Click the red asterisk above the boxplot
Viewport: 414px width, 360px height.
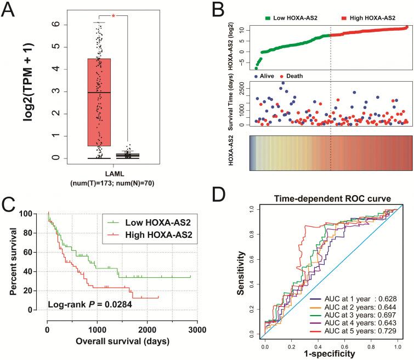[113, 16]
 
